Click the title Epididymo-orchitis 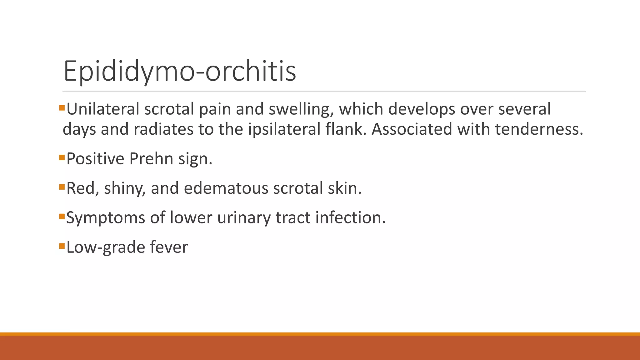180,71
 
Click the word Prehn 151,159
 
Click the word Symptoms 106,218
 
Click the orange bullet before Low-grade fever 62,245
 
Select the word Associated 412,129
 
